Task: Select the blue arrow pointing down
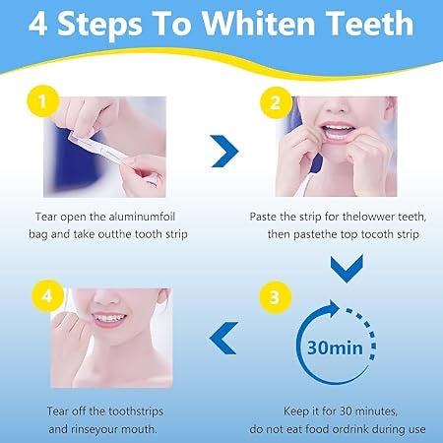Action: click(349, 264)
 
